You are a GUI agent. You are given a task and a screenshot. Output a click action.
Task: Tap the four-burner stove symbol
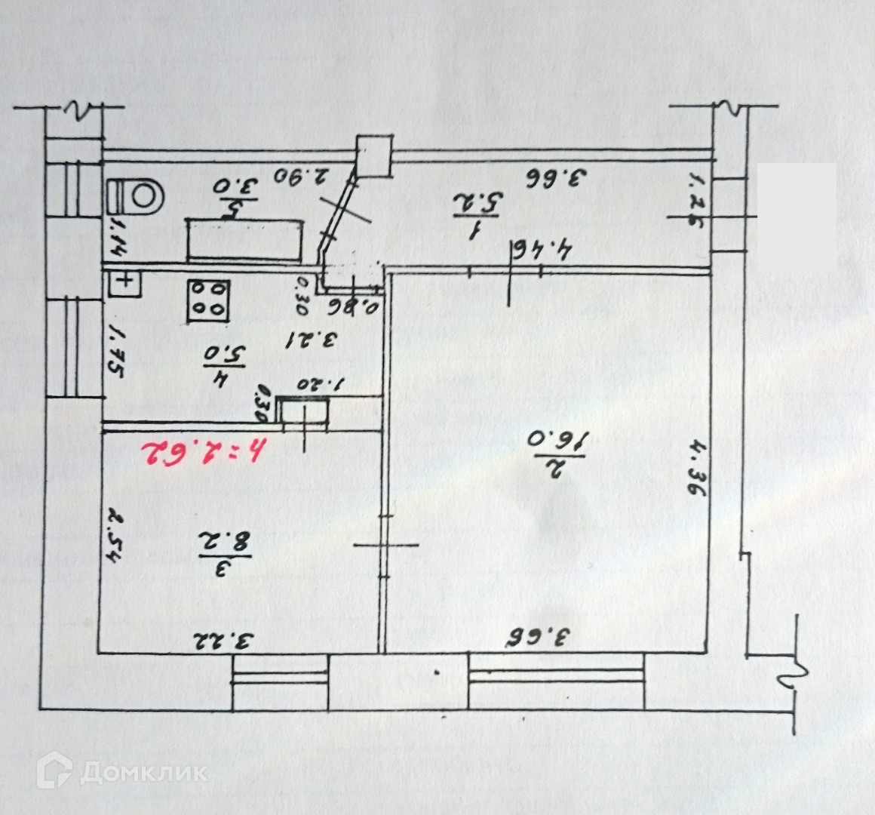click(x=208, y=300)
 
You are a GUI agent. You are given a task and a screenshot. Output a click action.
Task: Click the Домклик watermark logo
click(x=125, y=770)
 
